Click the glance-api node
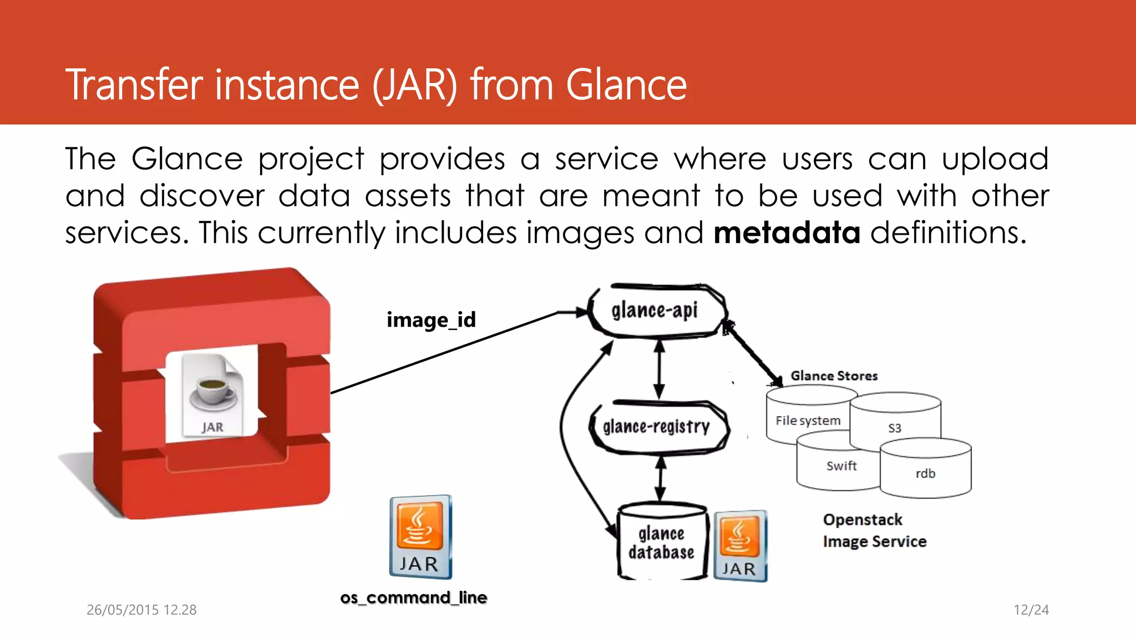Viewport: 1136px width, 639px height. pyautogui.click(x=656, y=311)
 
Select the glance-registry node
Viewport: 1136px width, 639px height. pyautogui.click(x=658, y=427)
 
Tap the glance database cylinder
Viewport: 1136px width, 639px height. pyautogui.click(x=661, y=543)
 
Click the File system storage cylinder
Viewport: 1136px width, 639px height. pyautogui.click(x=807, y=420)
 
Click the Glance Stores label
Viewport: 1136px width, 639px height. pyautogui.click(x=834, y=376)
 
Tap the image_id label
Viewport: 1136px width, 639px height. pyautogui.click(x=431, y=320)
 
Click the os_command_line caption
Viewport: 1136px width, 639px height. pyautogui.click(x=413, y=597)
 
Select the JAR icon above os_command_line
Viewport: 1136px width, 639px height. pyautogui.click(x=420, y=537)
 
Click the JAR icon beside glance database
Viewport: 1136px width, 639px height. pyautogui.click(x=739, y=546)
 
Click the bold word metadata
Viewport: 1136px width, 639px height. pyautogui.click(x=787, y=232)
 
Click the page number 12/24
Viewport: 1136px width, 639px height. pyautogui.click(x=1031, y=610)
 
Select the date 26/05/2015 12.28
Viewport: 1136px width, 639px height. pyautogui.click(x=141, y=610)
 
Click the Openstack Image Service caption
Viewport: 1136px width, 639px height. pyautogui.click(x=874, y=530)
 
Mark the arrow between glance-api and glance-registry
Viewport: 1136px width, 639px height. pyautogui.click(x=659, y=369)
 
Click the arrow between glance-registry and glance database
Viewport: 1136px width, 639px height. pyautogui.click(x=660, y=478)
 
